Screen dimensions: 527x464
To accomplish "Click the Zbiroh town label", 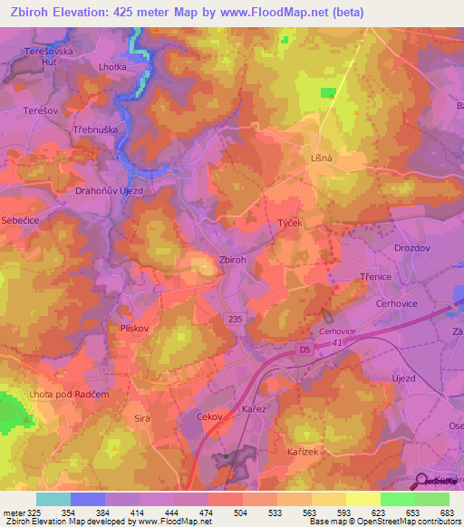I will click(x=232, y=260).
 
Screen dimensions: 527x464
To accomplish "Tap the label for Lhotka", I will click(x=113, y=66).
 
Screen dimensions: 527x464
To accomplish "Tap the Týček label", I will click(x=289, y=222).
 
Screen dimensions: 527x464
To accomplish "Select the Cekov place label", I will click(x=209, y=417).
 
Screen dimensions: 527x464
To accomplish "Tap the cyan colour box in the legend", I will click(x=53, y=499).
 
